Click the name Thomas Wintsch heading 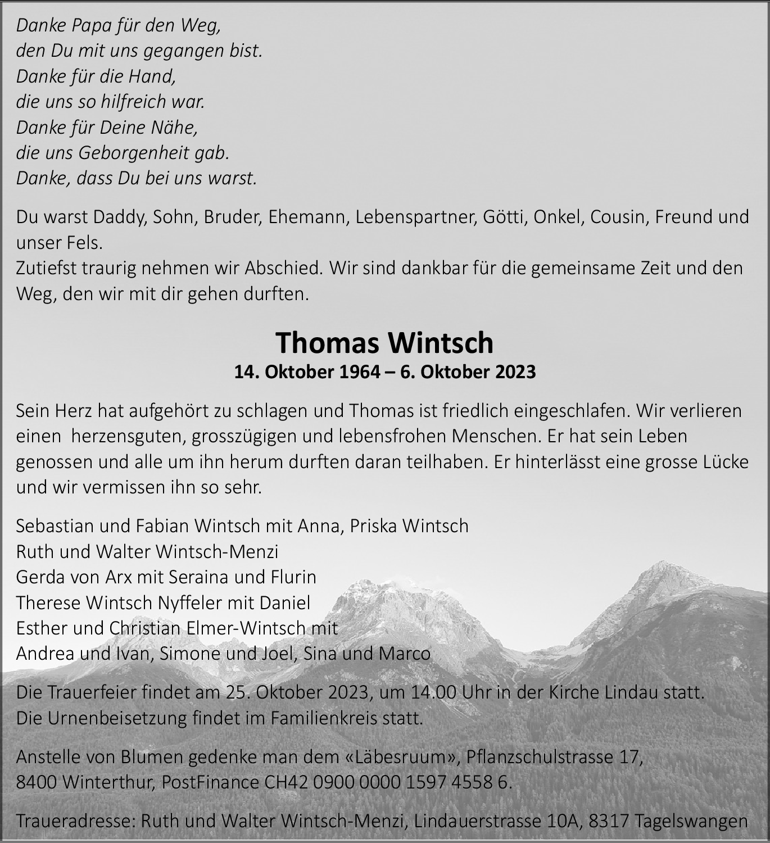pyautogui.click(x=384, y=343)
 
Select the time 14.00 pyautogui.click(x=427, y=692)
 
